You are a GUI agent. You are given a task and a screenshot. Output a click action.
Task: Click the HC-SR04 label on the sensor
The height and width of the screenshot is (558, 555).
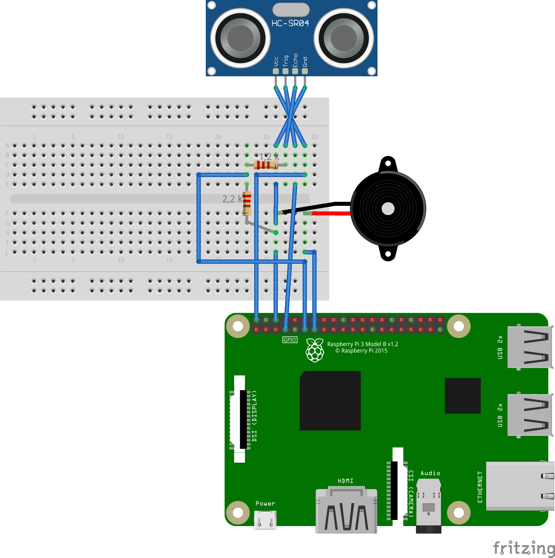(290, 23)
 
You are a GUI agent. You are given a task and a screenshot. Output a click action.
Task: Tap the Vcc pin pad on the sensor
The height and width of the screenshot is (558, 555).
(276, 71)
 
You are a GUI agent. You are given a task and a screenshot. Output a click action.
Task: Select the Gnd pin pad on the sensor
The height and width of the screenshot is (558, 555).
(305, 71)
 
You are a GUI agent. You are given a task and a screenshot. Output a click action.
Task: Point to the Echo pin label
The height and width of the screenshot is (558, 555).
(295, 60)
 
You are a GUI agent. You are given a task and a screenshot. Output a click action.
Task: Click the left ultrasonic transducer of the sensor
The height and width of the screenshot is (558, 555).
(240, 38)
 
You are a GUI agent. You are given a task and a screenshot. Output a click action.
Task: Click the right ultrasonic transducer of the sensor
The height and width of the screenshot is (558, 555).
(343, 38)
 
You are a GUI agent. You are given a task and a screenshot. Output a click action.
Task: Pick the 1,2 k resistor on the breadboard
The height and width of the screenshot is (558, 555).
(266, 165)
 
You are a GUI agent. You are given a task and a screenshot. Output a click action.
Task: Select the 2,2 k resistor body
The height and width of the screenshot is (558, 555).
(247, 204)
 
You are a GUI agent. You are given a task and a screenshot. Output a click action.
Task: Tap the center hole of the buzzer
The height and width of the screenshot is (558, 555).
(388, 209)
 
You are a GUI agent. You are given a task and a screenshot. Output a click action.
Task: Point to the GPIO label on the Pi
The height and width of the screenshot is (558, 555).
(290, 340)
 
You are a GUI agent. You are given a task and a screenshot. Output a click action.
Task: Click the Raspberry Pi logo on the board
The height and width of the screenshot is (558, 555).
(315, 350)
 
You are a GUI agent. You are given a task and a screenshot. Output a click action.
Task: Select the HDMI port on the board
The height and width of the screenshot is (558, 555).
(346, 511)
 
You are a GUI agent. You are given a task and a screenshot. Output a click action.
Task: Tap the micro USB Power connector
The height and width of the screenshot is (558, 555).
(265, 520)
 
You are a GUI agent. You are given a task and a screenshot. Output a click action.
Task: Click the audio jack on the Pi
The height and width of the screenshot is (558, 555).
(428, 505)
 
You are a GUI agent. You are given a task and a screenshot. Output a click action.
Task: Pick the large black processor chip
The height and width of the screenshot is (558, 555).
(330, 401)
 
